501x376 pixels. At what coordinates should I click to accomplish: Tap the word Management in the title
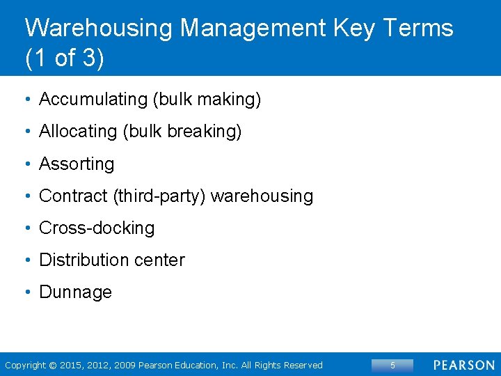click(x=253, y=29)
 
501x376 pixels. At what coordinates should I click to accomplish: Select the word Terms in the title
click(x=417, y=29)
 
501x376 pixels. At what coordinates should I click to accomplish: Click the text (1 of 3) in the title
click(x=64, y=58)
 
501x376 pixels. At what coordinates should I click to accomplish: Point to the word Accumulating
click(x=93, y=100)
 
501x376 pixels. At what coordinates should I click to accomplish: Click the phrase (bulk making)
click(x=206, y=100)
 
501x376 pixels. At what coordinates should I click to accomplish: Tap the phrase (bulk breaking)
click(x=182, y=132)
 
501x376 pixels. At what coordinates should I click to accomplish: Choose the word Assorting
click(x=77, y=164)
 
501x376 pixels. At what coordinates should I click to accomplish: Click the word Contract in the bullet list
click(x=73, y=196)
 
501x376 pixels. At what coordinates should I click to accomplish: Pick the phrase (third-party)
click(x=159, y=196)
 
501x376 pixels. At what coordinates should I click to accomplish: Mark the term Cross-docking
click(x=97, y=228)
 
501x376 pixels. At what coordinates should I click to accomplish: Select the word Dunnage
click(x=75, y=292)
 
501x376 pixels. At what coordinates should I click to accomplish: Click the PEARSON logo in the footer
click(x=464, y=365)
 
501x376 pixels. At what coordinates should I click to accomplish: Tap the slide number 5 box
click(x=392, y=365)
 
